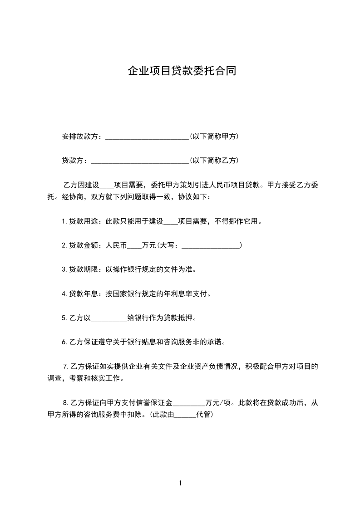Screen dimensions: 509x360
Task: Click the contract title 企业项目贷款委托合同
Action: (182, 71)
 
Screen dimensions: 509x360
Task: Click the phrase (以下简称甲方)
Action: (214, 137)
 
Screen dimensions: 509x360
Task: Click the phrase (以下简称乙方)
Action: (214, 161)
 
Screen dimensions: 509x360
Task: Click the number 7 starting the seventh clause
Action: (66, 366)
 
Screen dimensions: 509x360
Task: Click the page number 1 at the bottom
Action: (180, 483)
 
